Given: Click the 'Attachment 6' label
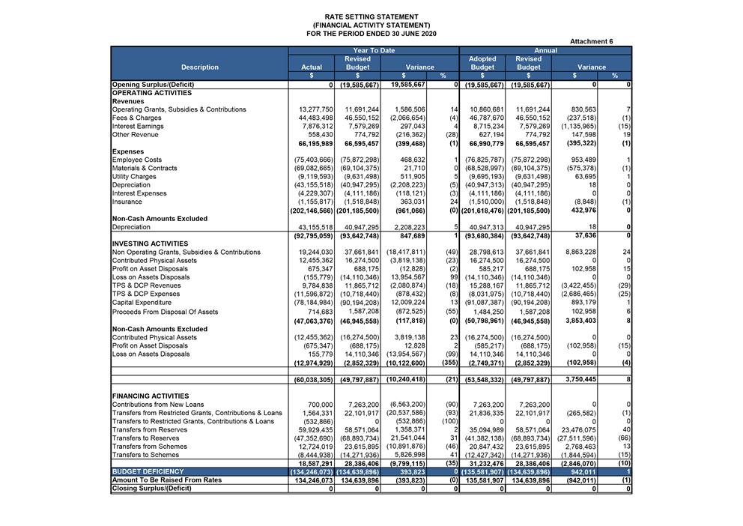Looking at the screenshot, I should click(591, 41).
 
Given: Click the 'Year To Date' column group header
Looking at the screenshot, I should click(374, 50).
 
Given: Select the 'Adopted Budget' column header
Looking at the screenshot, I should click(482, 63).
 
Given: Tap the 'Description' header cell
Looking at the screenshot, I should click(200, 67).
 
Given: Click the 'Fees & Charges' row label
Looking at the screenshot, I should click(136, 118).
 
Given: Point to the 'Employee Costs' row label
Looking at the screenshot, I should click(136, 160).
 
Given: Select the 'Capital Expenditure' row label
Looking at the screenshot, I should click(142, 302).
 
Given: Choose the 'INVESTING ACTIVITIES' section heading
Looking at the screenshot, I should click(150, 244).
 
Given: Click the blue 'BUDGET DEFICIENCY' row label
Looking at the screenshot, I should click(148, 471).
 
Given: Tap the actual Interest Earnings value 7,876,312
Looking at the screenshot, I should click(318, 126).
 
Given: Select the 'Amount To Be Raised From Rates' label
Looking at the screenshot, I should click(166, 480).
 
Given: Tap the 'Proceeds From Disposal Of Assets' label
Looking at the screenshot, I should click(165, 312).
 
